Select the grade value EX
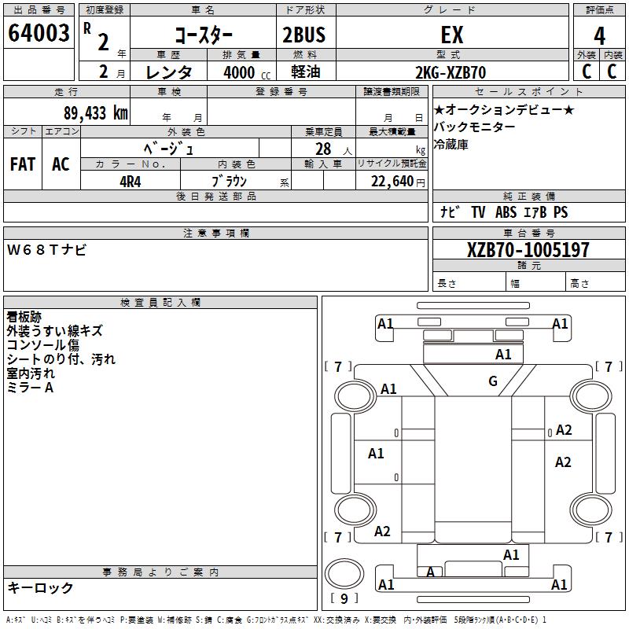tap(453, 35)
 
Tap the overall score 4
tap(599, 35)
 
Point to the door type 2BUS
tap(303, 35)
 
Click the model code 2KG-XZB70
tap(451, 72)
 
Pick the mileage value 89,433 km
tap(95, 112)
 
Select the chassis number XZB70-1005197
tap(528, 250)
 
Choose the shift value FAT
tap(22, 164)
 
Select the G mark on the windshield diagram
tap(493, 382)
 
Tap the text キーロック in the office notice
tap(40, 587)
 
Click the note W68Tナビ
tap(47, 251)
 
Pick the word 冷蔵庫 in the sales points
tap(451, 145)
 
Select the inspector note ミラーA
tap(30, 387)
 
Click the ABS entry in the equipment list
tap(506, 212)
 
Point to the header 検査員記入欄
tap(160, 303)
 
